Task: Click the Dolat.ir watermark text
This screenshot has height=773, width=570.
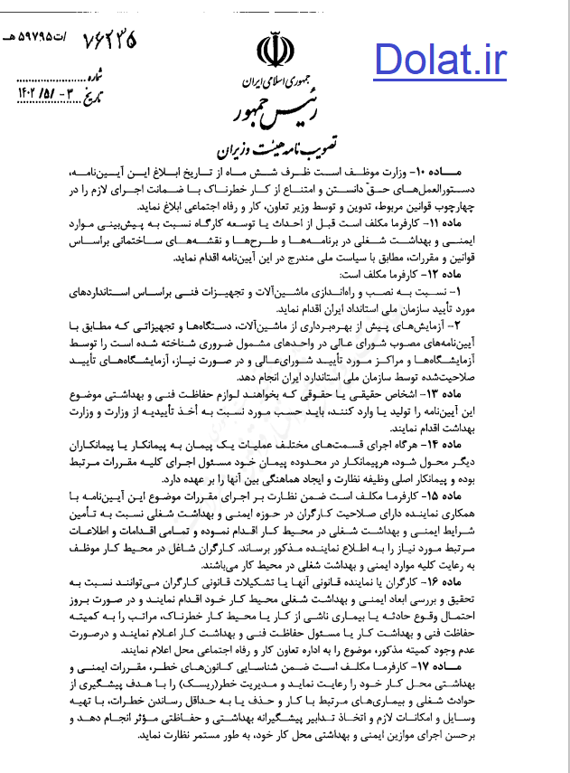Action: pyautogui.click(x=441, y=61)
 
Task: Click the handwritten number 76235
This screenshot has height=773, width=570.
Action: pyautogui.click(x=109, y=42)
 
